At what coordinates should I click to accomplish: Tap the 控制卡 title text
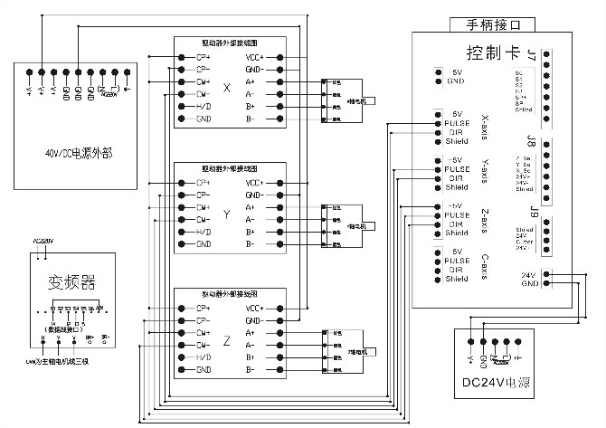(492, 52)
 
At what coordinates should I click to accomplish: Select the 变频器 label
(63, 281)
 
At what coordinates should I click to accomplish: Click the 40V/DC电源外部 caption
(72, 151)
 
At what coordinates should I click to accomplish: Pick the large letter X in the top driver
(227, 90)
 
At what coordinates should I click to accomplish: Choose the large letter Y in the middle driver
(227, 215)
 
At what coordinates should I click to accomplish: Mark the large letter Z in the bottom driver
(227, 341)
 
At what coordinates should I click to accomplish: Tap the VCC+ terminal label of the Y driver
(254, 182)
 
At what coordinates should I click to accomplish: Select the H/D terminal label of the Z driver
(204, 357)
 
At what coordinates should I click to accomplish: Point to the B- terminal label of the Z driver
(250, 370)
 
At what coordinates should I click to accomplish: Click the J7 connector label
(532, 56)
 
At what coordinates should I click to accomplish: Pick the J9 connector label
(534, 215)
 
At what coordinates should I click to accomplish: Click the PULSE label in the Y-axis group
(457, 169)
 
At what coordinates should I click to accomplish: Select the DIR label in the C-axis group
(455, 270)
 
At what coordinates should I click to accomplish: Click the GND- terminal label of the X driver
(254, 69)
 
